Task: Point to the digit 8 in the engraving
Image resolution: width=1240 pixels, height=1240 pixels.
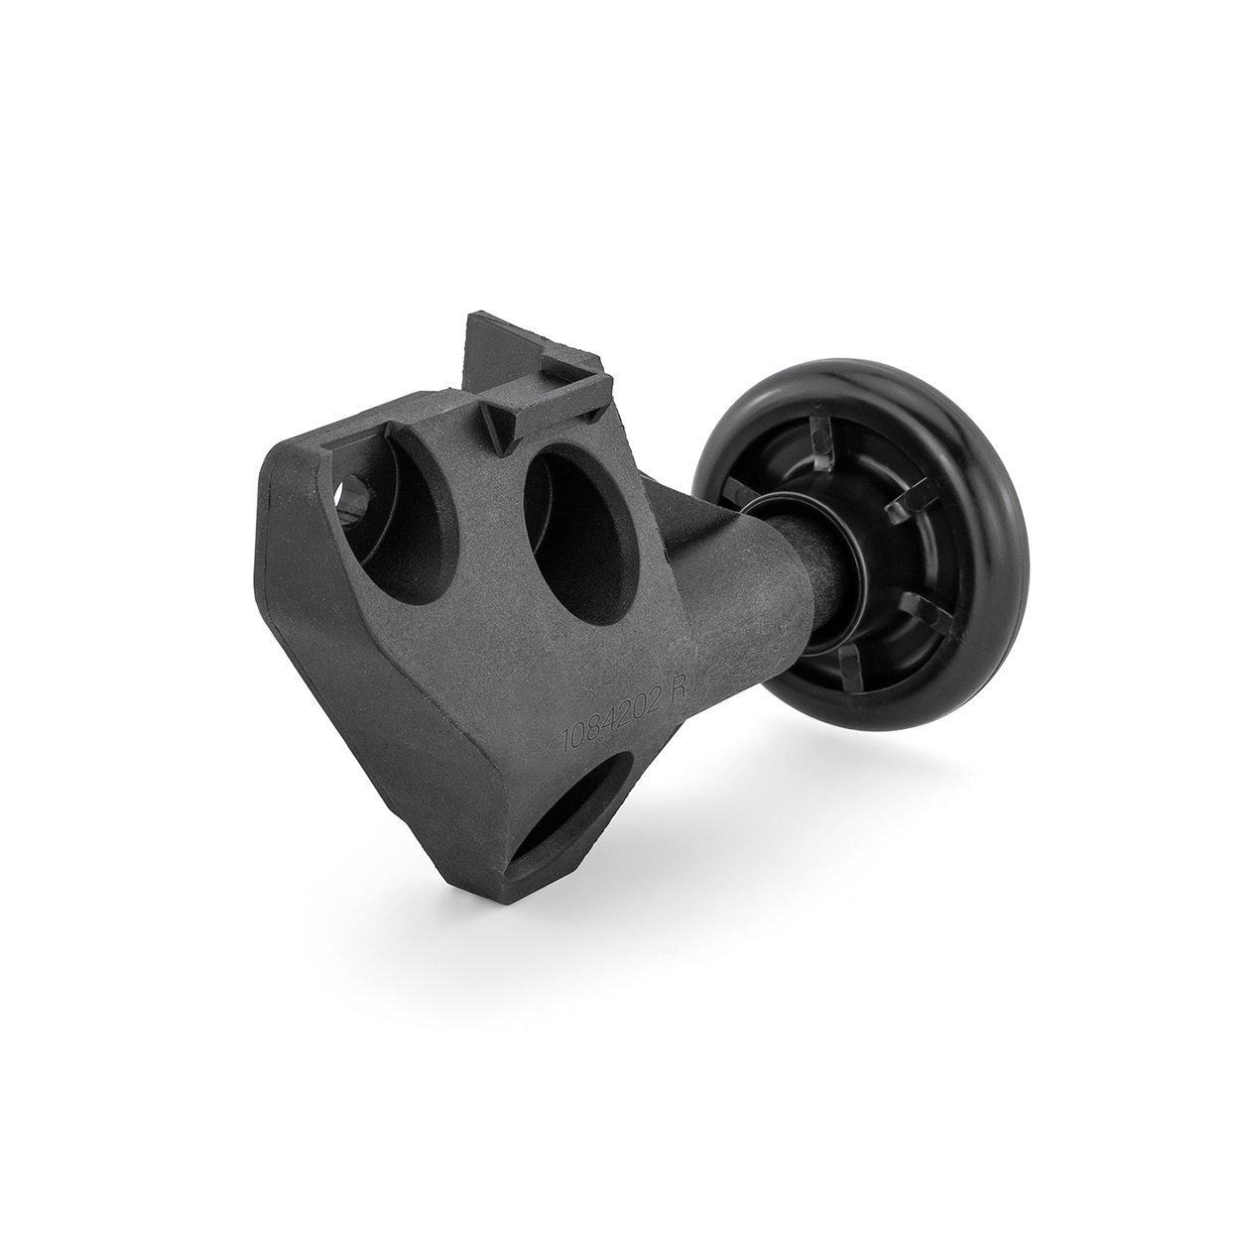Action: (600, 724)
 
